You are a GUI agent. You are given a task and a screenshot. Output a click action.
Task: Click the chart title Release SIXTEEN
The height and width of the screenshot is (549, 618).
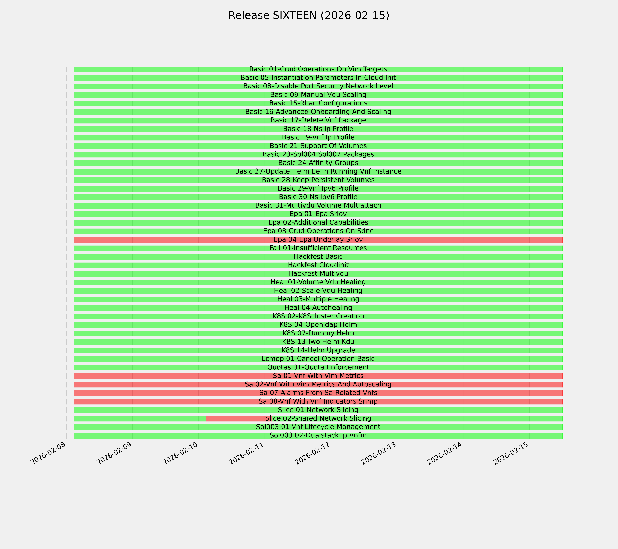coord(309,15)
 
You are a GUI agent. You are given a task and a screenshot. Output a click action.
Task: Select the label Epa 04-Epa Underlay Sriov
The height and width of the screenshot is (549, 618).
coord(318,240)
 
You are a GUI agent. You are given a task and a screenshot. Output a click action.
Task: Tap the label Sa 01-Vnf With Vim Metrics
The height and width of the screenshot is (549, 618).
coord(318,376)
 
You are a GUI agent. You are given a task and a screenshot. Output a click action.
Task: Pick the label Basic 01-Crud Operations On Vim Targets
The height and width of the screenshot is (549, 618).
coord(318,69)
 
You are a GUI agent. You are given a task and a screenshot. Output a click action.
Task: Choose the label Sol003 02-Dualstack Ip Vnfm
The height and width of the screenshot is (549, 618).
coord(318,435)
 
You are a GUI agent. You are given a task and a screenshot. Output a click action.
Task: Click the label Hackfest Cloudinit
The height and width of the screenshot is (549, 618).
coord(318,265)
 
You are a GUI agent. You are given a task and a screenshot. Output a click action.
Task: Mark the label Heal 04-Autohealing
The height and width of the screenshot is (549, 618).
coord(318,308)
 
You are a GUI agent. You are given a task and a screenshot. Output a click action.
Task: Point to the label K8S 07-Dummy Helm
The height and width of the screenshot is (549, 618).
coord(318,333)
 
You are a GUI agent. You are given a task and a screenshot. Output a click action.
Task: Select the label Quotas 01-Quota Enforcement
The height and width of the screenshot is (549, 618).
coord(318,367)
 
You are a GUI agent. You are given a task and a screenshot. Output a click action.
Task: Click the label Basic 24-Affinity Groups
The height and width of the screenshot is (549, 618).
coord(318,163)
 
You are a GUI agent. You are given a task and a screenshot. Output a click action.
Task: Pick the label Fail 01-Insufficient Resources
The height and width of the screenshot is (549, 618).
coord(318,248)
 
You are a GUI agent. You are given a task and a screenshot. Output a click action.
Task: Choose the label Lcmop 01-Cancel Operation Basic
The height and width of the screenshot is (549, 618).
coord(318,359)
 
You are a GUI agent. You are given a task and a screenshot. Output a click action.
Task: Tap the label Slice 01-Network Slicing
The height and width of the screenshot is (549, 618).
coord(318,410)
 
